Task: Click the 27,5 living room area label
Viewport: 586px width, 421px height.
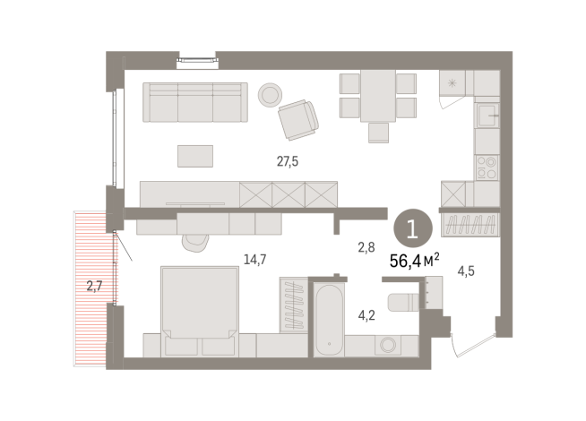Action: pos(288,162)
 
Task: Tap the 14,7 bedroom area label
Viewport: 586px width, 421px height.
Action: pos(255,260)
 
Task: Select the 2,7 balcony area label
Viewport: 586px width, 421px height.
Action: pos(95,287)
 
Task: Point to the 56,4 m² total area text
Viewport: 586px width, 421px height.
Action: pos(413,260)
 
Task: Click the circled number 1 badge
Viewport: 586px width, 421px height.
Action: pos(411,228)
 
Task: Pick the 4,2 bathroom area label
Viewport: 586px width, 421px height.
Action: pos(367,314)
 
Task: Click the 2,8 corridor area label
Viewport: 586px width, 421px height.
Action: pos(366,247)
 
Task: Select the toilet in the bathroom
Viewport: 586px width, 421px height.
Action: pos(405,299)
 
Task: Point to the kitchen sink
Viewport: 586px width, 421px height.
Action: pos(487,117)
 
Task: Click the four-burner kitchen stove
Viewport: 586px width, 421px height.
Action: pos(487,168)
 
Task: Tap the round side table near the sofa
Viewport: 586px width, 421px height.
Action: pos(271,94)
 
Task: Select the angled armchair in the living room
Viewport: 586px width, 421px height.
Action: pos(297,120)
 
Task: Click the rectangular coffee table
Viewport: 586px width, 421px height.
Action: pos(195,156)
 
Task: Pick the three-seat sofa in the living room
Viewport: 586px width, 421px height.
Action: pos(194,102)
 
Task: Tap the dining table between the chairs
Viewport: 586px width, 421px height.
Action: pos(378,95)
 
